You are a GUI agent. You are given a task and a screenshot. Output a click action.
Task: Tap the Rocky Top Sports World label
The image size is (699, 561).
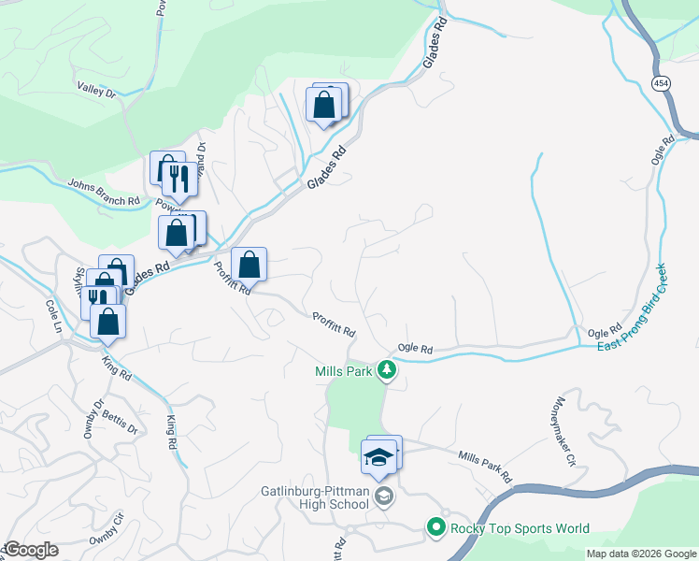[x=520, y=528]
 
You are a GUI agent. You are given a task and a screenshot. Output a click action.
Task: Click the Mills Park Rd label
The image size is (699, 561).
[x=485, y=466]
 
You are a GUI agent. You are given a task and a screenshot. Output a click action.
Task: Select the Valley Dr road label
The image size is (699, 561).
[x=96, y=91]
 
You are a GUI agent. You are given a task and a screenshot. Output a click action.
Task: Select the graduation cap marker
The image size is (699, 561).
[x=378, y=458]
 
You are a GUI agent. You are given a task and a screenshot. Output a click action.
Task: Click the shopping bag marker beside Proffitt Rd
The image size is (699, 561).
[x=249, y=265]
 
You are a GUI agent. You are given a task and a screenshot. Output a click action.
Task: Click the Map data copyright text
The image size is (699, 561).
[x=641, y=554]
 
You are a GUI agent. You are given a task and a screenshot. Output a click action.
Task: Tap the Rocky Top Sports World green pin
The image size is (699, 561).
[x=435, y=528]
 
